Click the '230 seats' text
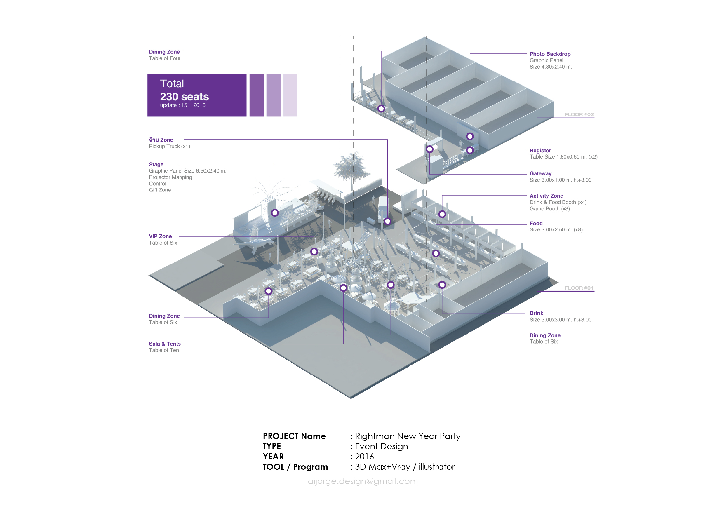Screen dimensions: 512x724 pos(184,96)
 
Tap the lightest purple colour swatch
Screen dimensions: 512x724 pos(290,95)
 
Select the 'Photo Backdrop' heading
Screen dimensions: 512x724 pos(550,54)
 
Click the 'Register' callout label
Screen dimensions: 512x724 pos(540,150)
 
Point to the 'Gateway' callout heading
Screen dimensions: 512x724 pos(540,173)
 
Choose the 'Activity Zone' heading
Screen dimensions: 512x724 pos(546,196)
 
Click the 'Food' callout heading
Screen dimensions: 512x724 pos(536,224)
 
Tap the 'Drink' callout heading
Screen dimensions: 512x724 pos(536,313)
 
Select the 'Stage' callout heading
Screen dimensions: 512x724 pos(156,164)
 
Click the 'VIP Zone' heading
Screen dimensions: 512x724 pos(160,236)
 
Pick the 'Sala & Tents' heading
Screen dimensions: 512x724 pos(165,344)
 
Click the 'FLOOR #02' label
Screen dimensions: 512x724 pos(579,114)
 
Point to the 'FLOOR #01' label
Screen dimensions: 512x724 pos(579,288)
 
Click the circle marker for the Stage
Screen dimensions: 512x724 pos(275,213)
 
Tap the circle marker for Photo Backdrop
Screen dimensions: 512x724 pos(470,136)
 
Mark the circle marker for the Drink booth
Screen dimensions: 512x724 pos(442,285)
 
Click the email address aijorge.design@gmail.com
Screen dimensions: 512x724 pos(363,481)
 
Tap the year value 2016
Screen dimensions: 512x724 pos(364,457)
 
